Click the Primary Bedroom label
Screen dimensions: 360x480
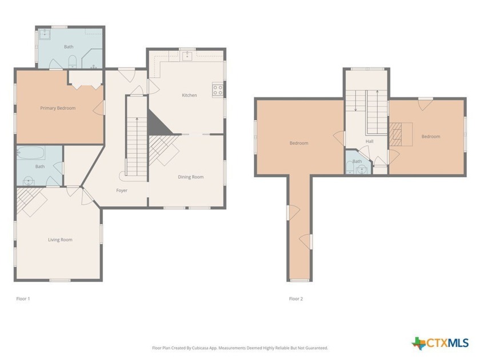pos(58,108)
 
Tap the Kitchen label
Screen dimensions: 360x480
pos(189,95)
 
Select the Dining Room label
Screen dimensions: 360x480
pos(190,177)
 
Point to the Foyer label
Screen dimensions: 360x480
pos(122,190)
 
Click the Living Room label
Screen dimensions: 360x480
pos(60,240)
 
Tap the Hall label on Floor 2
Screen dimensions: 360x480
pos(370,141)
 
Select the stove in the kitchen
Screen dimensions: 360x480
pos(218,89)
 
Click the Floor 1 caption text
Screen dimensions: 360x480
pos(23,299)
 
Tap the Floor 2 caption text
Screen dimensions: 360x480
pos(296,299)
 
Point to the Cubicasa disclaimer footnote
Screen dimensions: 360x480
pos(240,347)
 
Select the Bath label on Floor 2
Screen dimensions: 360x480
pos(357,162)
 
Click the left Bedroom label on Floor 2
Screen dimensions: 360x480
pos(298,143)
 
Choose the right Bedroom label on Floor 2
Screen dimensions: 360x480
pos(431,137)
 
